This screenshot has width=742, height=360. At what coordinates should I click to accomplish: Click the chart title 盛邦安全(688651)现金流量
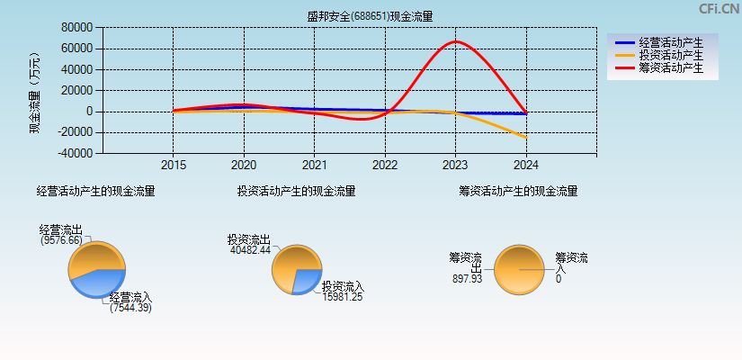370,16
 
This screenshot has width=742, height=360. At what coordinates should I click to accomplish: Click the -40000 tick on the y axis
76,153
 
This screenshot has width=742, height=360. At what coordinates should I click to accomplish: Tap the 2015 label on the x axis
174,166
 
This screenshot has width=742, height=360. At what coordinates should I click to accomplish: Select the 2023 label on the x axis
455,166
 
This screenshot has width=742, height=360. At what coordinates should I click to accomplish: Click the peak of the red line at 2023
456,41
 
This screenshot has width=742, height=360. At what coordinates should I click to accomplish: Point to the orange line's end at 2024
525,137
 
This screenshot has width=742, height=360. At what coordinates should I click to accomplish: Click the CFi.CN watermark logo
719,9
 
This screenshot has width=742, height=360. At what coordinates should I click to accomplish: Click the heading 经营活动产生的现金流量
95,191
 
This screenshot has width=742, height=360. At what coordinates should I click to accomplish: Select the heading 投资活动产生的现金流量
296,191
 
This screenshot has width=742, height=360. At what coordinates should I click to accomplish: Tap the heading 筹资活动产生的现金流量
518,191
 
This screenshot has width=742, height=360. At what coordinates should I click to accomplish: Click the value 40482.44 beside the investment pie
250,250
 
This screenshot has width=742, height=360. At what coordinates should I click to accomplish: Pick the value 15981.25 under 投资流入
343,297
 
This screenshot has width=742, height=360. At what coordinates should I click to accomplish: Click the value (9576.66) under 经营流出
61,240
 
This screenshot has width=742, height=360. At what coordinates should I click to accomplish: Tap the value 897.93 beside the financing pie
467,279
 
